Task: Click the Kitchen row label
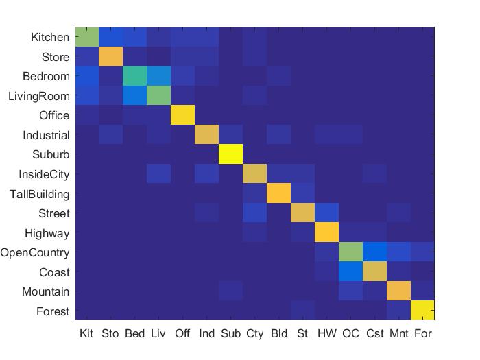pyautogui.click(x=49, y=37)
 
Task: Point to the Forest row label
pyautogui.click(x=52, y=311)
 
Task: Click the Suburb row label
pyautogui.click(x=51, y=154)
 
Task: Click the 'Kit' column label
pyautogui.click(x=86, y=334)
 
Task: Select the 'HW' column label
pyautogui.click(x=326, y=334)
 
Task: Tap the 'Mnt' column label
pyautogui.click(x=398, y=334)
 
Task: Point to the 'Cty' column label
pyautogui.click(x=254, y=334)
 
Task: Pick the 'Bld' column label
pyautogui.click(x=278, y=334)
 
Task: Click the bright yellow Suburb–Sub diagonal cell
pyautogui.click(x=230, y=154)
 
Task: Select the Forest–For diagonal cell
pyautogui.click(x=422, y=310)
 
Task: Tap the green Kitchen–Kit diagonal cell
pyautogui.click(x=86, y=37)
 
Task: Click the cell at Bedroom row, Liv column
pyautogui.click(x=158, y=76)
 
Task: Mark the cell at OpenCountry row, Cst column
pyautogui.click(x=374, y=252)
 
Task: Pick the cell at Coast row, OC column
pyautogui.click(x=350, y=271)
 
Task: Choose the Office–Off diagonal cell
pyautogui.click(x=182, y=115)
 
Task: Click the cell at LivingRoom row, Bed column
pyautogui.click(x=134, y=95)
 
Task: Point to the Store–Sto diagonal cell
pyautogui.click(x=110, y=56)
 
